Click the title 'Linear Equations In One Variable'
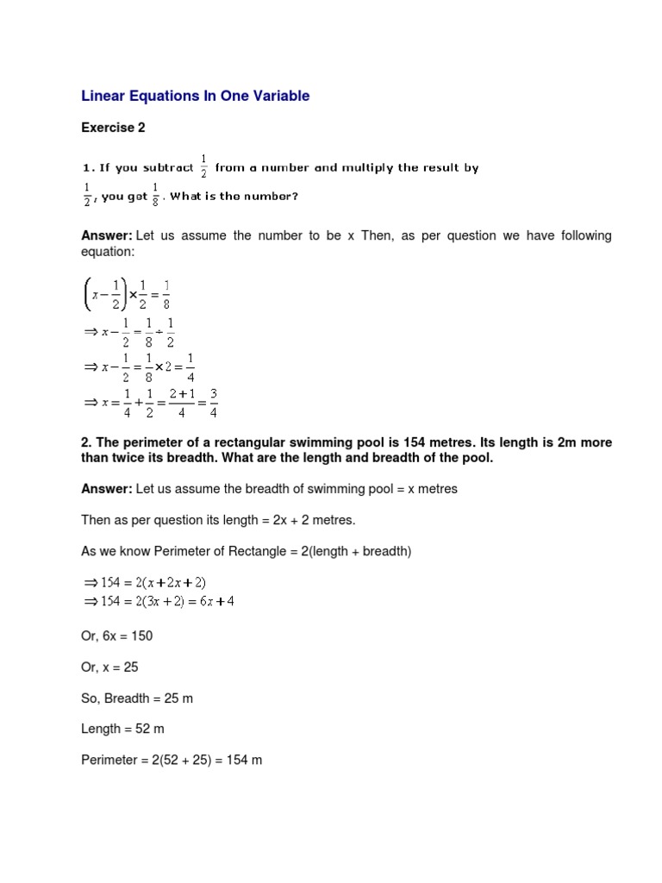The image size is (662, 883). click(195, 97)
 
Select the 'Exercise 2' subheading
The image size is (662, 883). click(113, 128)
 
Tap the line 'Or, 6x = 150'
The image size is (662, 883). click(117, 636)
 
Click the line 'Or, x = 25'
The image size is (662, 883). click(110, 667)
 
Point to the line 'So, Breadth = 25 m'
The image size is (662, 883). click(137, 698)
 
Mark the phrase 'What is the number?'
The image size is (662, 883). click(234, 196)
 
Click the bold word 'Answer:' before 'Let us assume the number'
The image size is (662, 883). click(106, 235)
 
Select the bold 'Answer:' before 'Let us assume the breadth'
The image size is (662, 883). click(106, 489)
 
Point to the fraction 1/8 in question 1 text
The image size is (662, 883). click(155, 195)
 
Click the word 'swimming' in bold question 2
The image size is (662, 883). click(319, 442)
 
